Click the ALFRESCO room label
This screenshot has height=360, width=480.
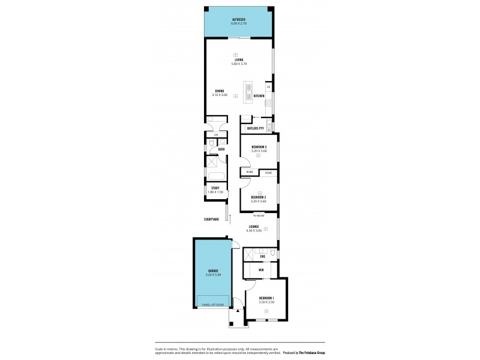click(239, 20)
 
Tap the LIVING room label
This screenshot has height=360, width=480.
click(239, 60)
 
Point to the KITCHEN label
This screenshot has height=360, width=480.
click(259, 96)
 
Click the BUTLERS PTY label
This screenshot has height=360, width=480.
click(256, 128)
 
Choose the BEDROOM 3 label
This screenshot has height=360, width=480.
click(259, 147)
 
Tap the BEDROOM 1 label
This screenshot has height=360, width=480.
click(266, 298)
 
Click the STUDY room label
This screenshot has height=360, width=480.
click(215, 188)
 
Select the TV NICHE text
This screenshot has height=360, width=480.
click(259, 215)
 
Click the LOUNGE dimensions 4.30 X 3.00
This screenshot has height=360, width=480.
click(253, 230)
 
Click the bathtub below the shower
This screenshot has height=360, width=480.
click(215, 176)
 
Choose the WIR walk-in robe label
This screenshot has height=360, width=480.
click(261, 271)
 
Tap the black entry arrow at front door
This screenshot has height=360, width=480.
click(238, 311)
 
